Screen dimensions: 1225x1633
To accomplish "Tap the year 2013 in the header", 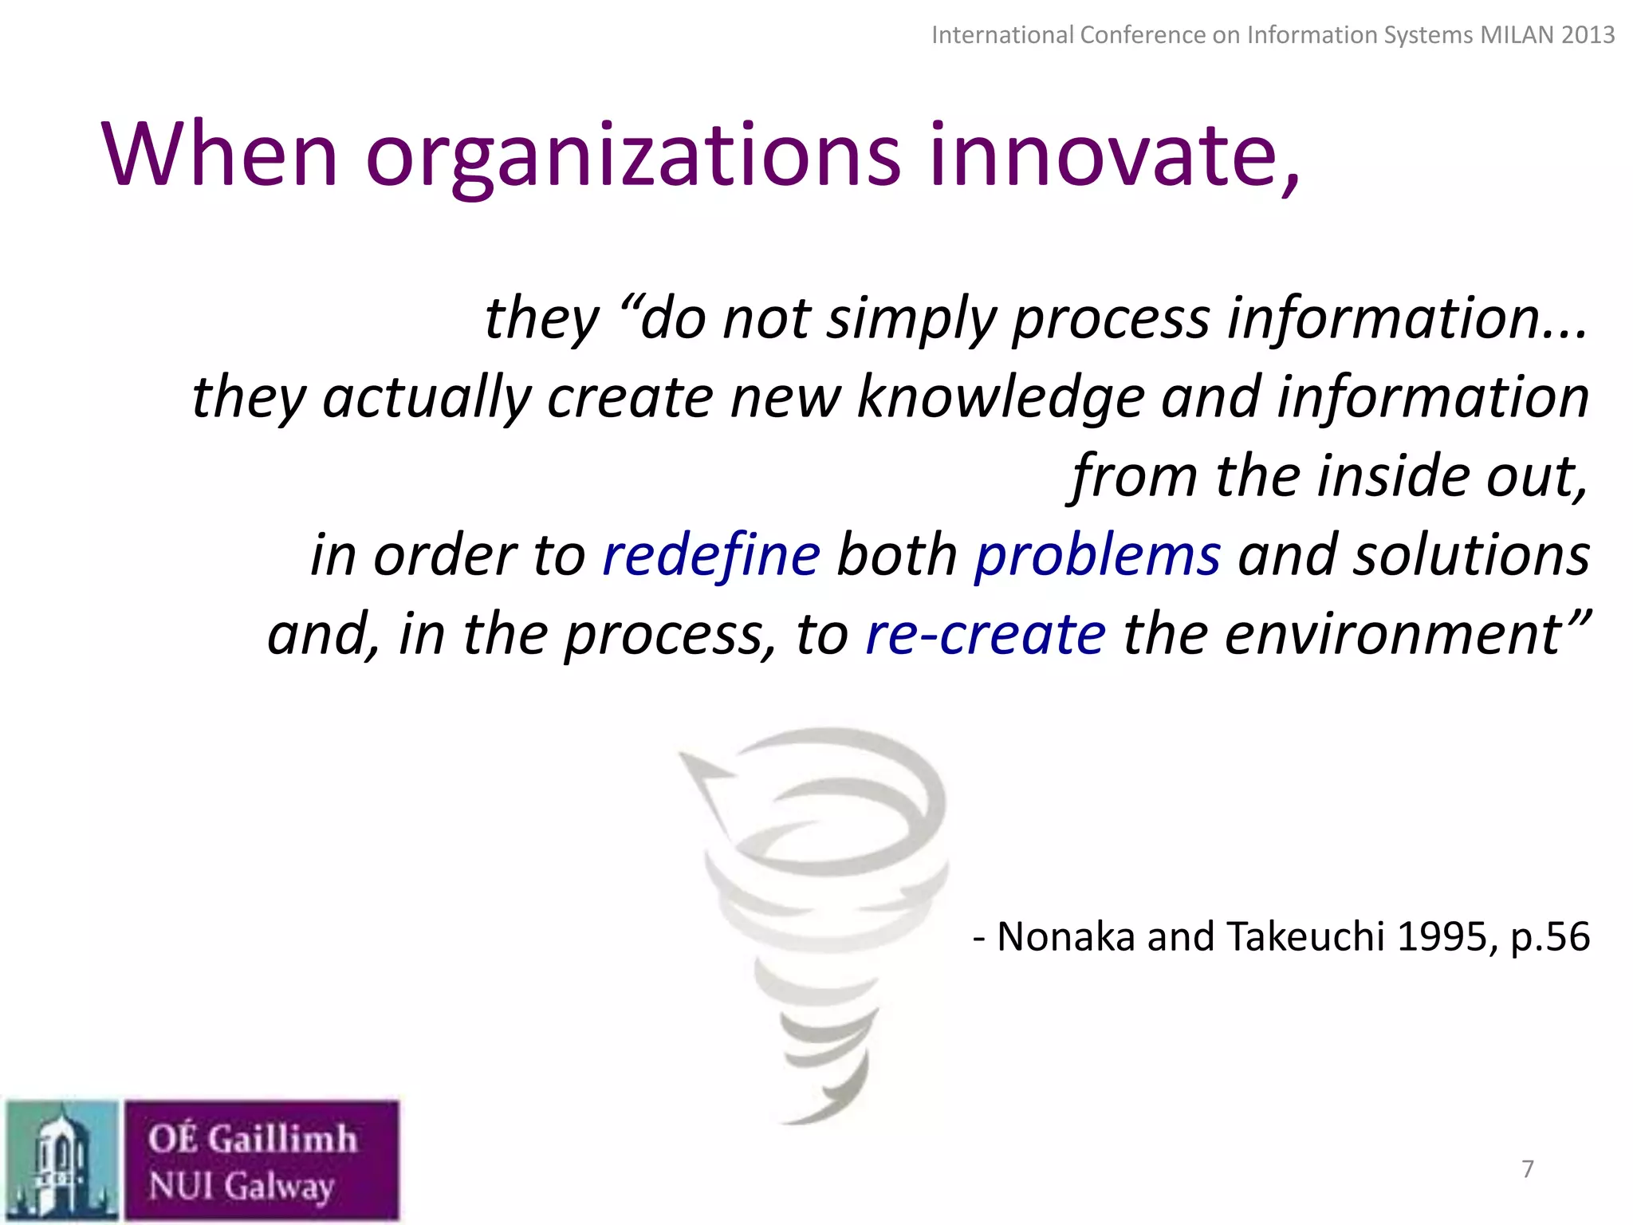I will coord(1588,35).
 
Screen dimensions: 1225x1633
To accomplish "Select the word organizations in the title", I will coord(633,157).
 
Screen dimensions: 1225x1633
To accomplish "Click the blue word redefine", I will coord(711,555).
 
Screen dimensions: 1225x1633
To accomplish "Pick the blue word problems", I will coord(1097,557).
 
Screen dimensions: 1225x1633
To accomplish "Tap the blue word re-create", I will coord(986,634).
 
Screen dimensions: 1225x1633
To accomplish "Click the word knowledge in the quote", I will coord(1001,398).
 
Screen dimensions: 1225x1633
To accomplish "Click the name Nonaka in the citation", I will coord(1066,936).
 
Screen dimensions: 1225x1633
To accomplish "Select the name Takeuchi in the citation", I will coord(1305,936).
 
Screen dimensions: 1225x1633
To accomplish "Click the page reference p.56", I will coord(1550,938).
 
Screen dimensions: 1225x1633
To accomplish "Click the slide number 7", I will coord(1528,1169).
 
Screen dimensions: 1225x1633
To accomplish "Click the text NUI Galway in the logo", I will coord(241,1186).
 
